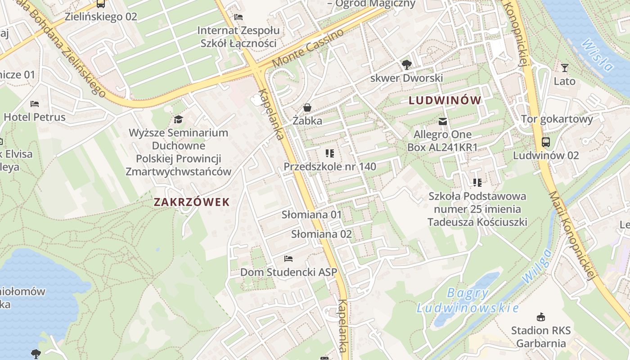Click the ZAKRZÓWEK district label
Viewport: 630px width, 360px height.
(192, 202)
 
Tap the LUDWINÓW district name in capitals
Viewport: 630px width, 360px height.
(445, 100)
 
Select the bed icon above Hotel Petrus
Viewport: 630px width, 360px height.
(35, 104)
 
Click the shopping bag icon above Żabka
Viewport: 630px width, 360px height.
(307, 108)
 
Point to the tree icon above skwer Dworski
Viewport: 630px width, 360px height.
(406, 65)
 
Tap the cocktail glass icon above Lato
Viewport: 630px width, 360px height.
(565, 68)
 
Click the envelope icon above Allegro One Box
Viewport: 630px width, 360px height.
(443, 121)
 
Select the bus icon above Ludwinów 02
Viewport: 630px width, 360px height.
(546, 142)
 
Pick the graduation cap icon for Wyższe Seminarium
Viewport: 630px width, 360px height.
(179, 119)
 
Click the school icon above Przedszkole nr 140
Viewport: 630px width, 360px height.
(330, 153)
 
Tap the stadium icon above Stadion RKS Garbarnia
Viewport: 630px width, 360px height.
(540, 317)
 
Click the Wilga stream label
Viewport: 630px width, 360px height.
(536, 266)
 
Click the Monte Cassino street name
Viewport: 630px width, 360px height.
(308, 49)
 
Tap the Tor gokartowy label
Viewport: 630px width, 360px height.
(557, 119)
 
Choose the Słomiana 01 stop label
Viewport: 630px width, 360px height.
(312, 215)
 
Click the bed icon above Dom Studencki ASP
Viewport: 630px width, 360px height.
(288, 259)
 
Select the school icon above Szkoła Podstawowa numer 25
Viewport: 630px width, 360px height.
(477, 183)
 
